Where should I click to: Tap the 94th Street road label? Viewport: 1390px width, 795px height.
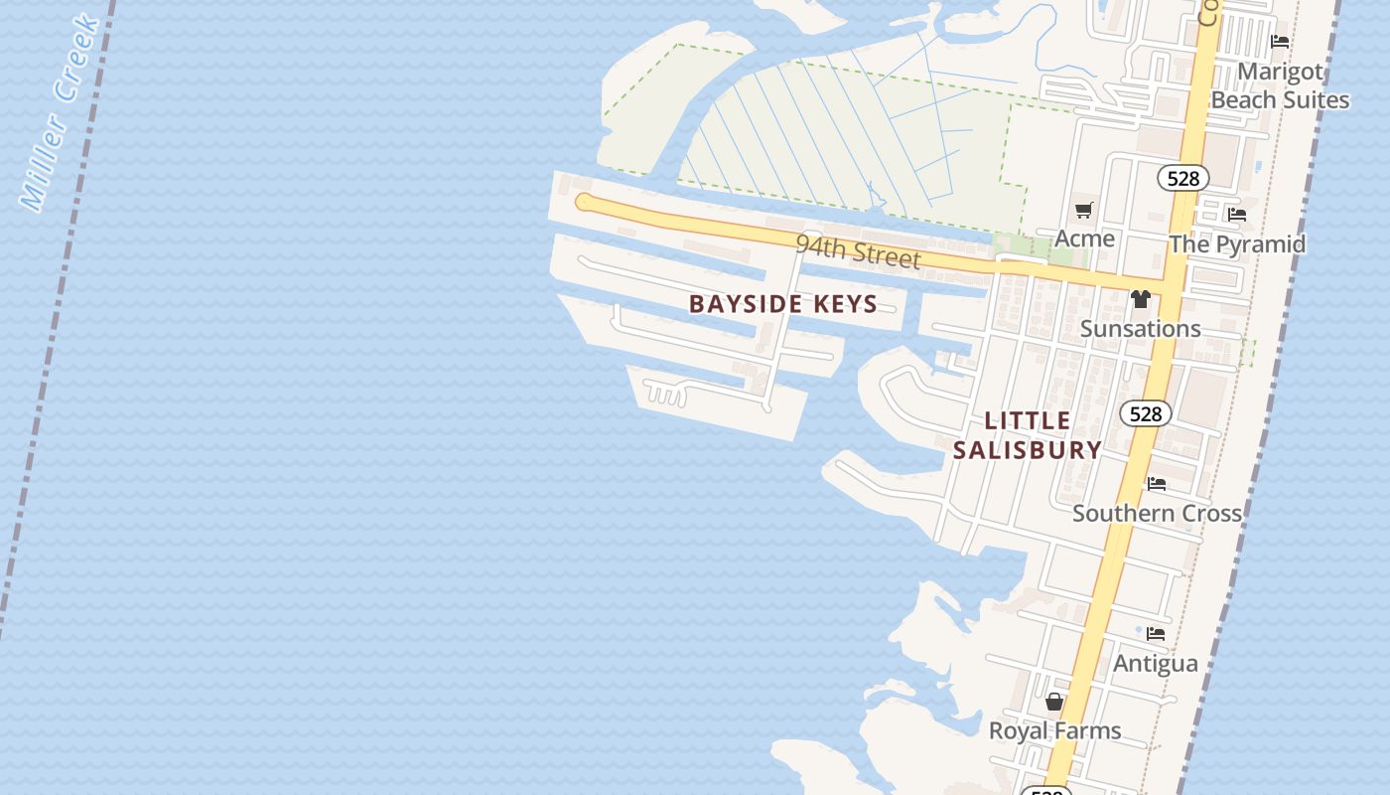pos(858,251)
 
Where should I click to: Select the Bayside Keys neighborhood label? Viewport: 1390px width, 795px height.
pos(783,304)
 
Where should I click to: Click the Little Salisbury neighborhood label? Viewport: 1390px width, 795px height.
pos(1028,435)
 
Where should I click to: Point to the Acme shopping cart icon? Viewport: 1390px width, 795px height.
pos(1083,211)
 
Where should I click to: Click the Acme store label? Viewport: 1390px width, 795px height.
pos(1084,238)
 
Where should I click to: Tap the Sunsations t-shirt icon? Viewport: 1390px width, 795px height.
pos(1140,299)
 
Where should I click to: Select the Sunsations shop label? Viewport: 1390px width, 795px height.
pos(1140,329)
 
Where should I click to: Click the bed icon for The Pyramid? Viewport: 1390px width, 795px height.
pos(1237,214)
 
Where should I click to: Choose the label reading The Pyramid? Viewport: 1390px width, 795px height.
pos(1237,244)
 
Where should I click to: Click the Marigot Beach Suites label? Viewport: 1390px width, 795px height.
pos(1280,85)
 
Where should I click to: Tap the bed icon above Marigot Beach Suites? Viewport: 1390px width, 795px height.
pos(1280,42)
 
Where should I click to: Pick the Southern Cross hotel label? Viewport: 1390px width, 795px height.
pos(1157,514)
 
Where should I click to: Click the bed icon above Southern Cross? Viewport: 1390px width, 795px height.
pos(1157,484)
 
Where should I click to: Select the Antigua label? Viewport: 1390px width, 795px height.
pos(1156,664)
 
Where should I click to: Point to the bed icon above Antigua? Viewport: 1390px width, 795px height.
pos(1156,633)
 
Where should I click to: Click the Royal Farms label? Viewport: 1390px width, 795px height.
pos(1054,731)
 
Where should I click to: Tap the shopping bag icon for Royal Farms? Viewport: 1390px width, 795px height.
pos(1054,702)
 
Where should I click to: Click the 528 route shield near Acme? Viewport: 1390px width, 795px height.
pos(1182,179)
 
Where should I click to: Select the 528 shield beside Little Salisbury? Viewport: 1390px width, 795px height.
pos(1145,413)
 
